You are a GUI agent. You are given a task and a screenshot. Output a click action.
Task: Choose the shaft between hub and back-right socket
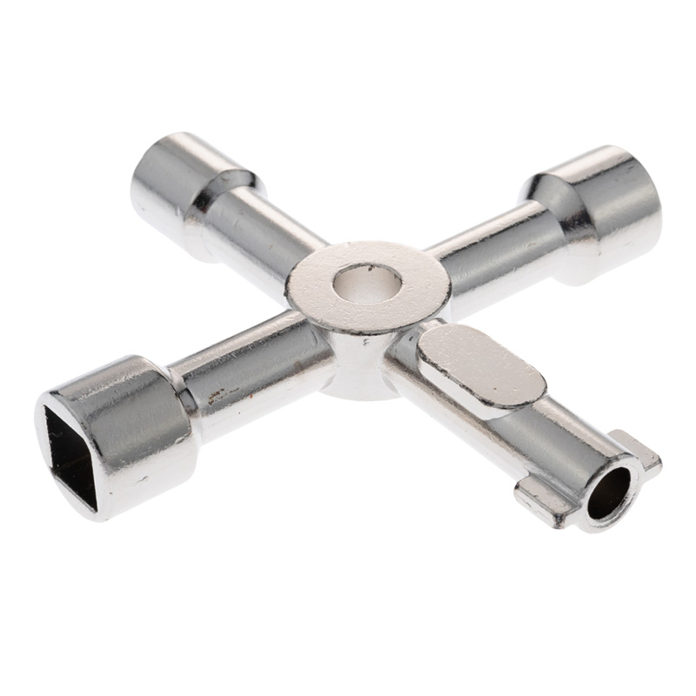(x=487, y=248)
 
